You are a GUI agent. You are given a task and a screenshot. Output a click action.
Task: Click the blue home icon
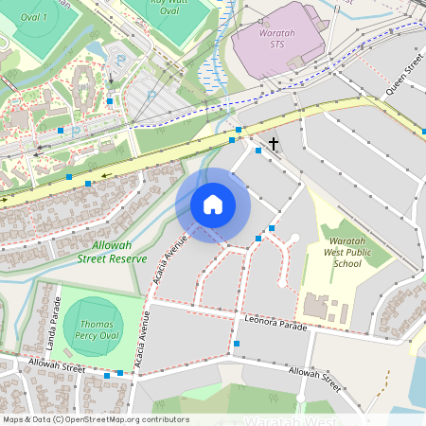(x=213, y=204)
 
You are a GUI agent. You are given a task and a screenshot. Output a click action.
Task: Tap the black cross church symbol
(x=274, y=144)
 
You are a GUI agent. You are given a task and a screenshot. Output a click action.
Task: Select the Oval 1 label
(x=33, y=17)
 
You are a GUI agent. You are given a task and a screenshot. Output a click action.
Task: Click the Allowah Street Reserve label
(x=112, y=251)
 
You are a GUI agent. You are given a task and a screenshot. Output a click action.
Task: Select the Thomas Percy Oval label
(x=95, y=328)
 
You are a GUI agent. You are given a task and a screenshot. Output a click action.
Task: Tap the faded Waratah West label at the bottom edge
(x=293, y=421)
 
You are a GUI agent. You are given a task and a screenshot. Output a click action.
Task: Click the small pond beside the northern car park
(x=98, y=48)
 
